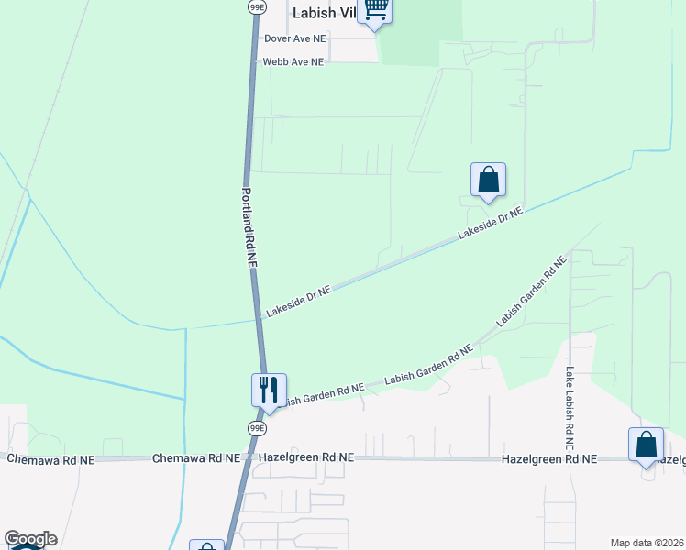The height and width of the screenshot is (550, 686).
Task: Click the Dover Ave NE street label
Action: coord(294,38)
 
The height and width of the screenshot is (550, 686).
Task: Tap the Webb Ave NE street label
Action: coord(293,62)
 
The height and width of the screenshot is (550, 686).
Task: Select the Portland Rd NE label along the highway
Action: coord(249,227)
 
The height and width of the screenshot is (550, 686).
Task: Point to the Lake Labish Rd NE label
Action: coord(570,401)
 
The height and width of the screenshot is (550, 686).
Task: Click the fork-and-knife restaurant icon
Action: coord(269,390)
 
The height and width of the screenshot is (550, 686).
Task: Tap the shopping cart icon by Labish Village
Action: coord(375,10)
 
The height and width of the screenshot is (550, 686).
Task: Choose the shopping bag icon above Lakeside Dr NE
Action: coord(488,180)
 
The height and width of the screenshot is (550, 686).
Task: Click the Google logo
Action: coord(30,539)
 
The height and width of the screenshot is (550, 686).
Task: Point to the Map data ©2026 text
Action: coord(647,543)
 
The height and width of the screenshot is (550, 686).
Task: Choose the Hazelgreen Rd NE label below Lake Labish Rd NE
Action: coord(548,458)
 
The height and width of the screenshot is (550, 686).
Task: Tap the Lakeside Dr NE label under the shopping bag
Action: coord(490,224)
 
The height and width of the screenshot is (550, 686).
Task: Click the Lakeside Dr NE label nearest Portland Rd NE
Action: coord(298,302)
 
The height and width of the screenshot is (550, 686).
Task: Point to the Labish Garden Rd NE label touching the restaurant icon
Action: coord(320,393)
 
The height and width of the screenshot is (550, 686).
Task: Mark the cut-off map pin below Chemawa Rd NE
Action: coord(206,545)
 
